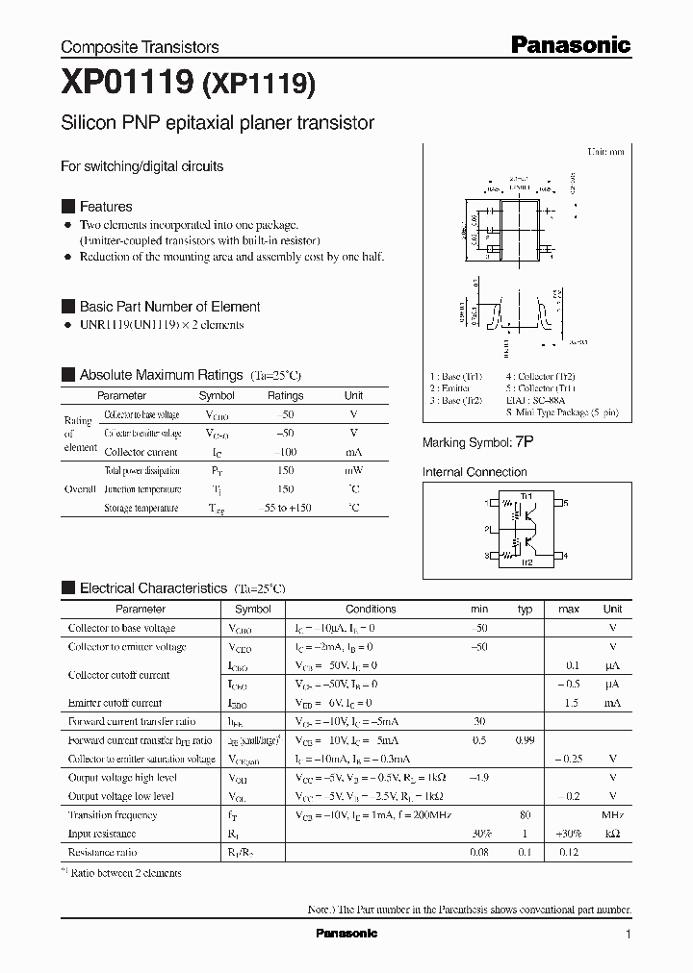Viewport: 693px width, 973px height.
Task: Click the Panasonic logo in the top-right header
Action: click(570, 44)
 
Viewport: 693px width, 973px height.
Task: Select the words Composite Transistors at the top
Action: click(140, 47)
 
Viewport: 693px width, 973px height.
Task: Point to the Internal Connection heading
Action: click(475, 472)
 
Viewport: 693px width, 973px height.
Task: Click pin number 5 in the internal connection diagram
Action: click(566, 503)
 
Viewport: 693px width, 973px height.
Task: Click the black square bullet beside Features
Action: click(67, 207)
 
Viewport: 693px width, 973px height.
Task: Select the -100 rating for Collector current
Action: click(285, 452)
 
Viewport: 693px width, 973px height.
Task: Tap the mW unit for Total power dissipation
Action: click(353, 471)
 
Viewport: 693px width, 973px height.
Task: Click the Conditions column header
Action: click(371, 609)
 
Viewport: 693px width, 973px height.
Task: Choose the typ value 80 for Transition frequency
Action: click(526, 815)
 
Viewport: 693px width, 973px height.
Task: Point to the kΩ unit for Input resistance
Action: click(612, 834)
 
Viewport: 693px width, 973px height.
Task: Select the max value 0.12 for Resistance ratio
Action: click(569, 852)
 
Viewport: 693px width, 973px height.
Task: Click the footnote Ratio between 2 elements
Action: click(126, 872)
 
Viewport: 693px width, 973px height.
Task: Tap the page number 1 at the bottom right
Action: click(628, 935)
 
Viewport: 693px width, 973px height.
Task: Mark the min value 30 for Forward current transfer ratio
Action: click(478, 721)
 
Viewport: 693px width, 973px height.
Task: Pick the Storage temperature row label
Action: click(141, 509)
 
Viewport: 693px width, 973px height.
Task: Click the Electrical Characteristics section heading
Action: click(153, 587)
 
